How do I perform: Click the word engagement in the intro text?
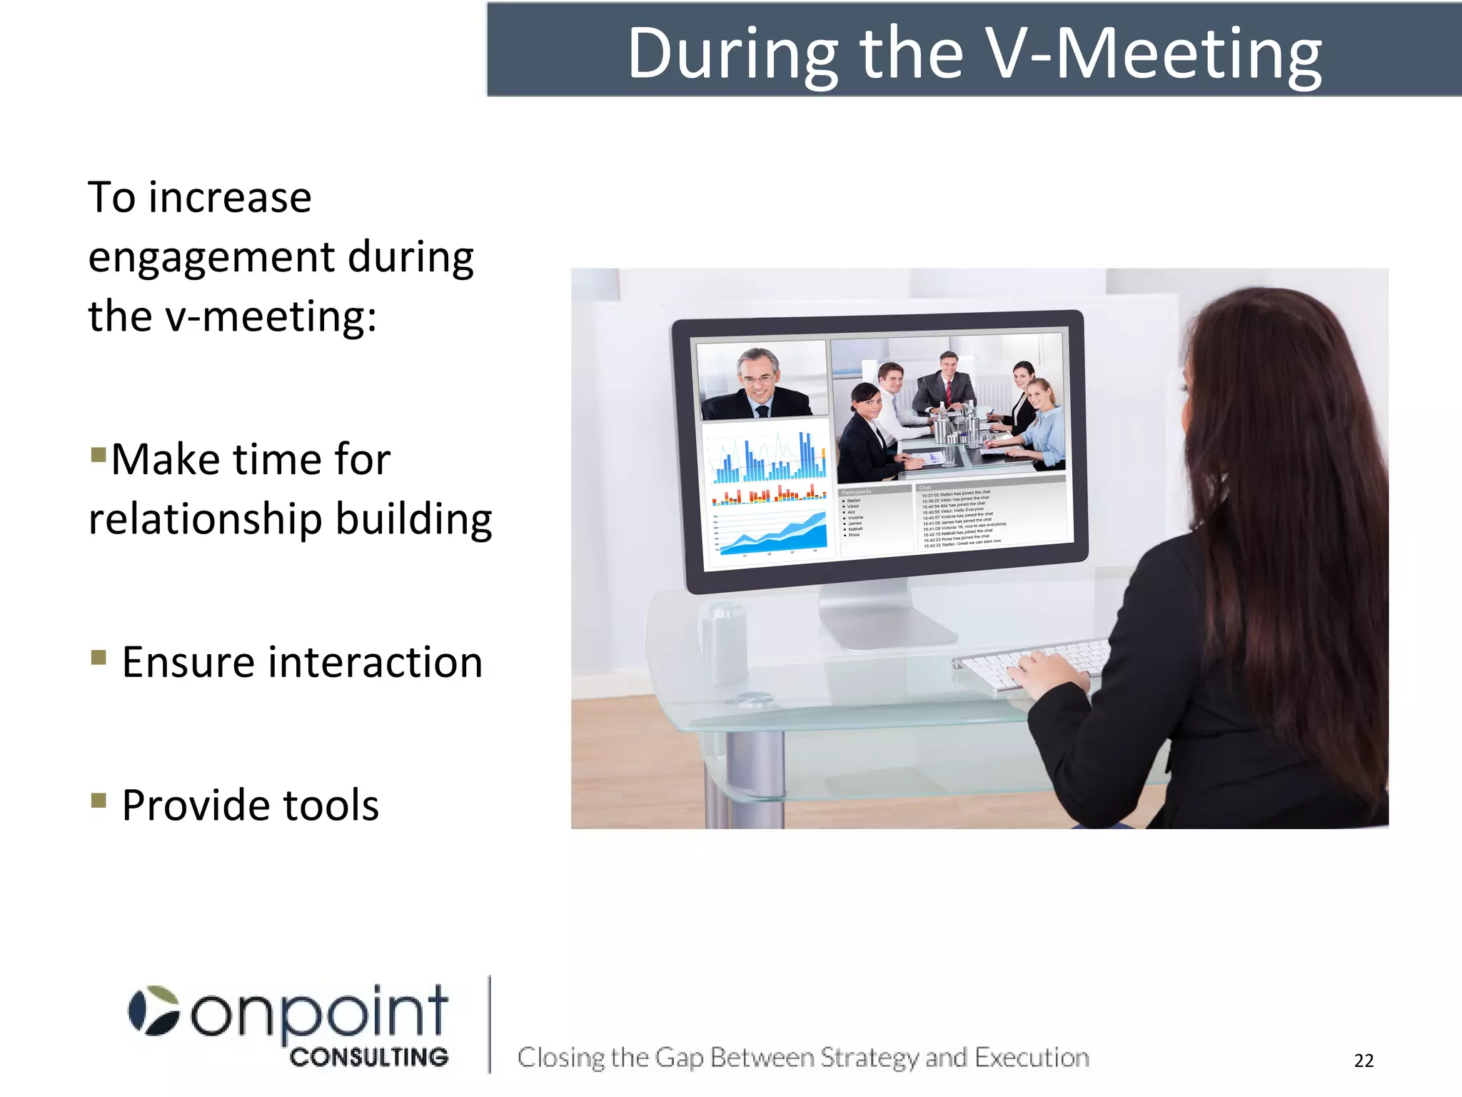click(211, 259)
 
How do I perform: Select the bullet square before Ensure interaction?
click(99, 656)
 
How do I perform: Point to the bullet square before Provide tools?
click(99, 799)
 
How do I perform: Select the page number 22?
click(1363, 1061)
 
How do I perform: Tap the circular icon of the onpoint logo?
click(153, 1011)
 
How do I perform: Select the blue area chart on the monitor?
click(771, 532)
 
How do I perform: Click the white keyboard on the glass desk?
click(1028, 661)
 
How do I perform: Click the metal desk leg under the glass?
click(750, 778)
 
